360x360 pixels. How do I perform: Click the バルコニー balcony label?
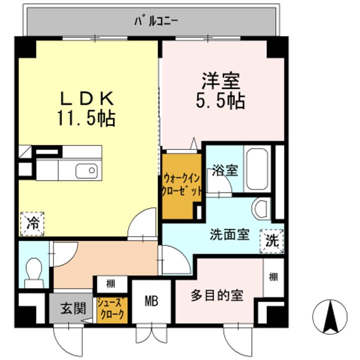pos(156,21)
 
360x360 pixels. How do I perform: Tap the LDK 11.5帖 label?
pos(86,108)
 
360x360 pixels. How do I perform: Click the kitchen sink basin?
pos(86,171)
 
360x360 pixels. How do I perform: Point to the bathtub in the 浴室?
pos(257,169)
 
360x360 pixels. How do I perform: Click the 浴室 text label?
pos(225,170)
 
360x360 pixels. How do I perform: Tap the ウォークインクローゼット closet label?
pos(182,185)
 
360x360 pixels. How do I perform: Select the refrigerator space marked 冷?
pos(32,223)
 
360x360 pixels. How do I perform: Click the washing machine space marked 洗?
pos(272,241)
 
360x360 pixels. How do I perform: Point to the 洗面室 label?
pos(230,234)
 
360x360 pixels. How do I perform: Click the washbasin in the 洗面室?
pos(261,208)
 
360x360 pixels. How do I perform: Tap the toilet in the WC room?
pos(34,272)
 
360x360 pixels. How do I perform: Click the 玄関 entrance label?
pos(73,308)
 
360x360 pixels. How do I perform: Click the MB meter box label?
pos(151,301)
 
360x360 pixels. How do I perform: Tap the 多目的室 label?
pos(217,295)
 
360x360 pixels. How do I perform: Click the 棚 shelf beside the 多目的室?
pos(273,277)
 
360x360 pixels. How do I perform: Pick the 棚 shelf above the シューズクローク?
pos(111,284)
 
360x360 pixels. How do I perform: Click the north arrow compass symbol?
pos(329,317)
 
